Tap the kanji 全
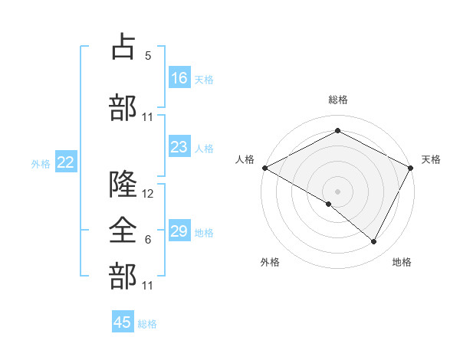[x=123, y=228]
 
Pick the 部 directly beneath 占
[x=123, y=107]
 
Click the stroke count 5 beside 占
[x=148, y=55]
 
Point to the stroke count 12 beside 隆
[x=148, y=195]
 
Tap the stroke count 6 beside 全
[x=148, y=240]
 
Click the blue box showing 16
[x=179, y=78]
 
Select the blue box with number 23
[x=179, y=147]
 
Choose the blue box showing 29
[x=179, y=231]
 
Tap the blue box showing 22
[x=66, y=162]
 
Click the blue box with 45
[x=123, y=322]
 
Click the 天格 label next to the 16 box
[x=204, y=79]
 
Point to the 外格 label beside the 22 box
[x=41, y=162]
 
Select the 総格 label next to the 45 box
[x=147, y=323]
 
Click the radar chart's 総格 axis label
[x=337, y=100]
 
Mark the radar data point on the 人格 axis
[x=264, y=168]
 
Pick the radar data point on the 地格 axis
[x=374, y=242]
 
